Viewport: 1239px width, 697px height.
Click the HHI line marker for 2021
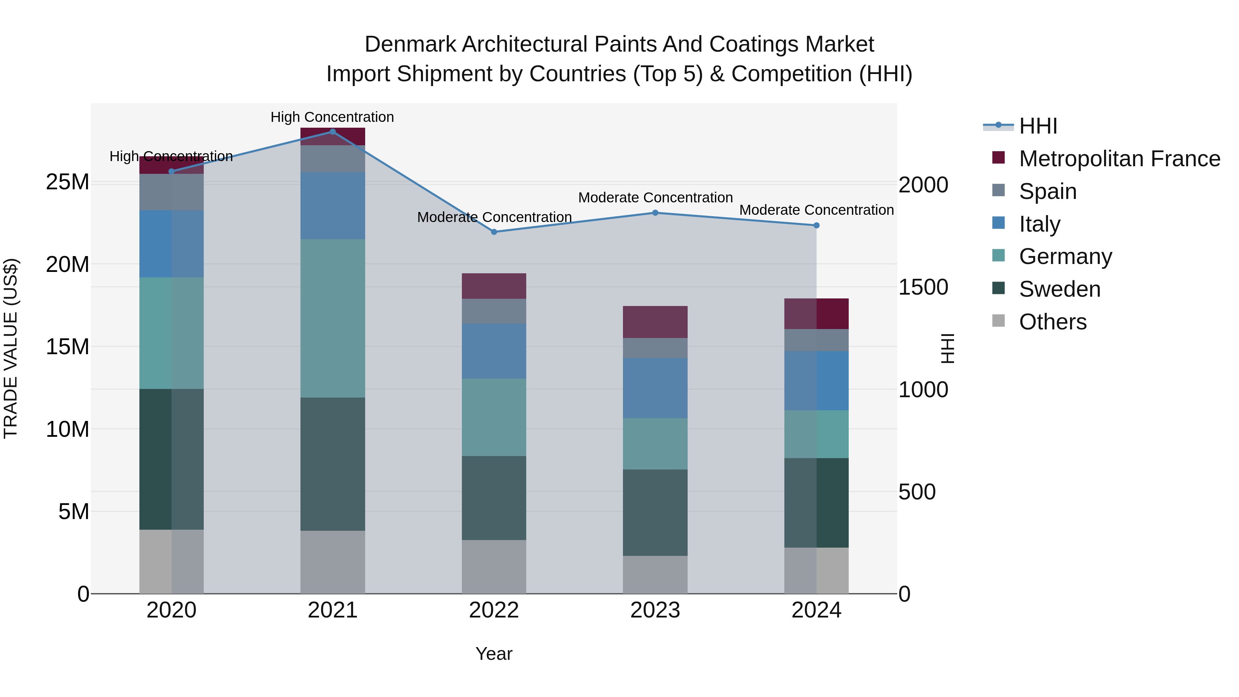332,131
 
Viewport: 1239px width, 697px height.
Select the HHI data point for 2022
494,232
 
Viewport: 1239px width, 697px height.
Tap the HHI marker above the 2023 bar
655,213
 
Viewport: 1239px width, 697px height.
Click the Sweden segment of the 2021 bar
332,464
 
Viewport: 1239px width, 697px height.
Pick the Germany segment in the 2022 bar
494,418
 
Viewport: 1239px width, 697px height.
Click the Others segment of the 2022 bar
494,567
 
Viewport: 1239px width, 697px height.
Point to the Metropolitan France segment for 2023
655,322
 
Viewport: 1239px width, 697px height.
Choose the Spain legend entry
1047,191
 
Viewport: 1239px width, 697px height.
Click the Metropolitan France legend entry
1119,159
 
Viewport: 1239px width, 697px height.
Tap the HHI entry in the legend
1037,126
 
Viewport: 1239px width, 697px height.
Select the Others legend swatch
998,321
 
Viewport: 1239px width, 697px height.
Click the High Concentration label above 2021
332,117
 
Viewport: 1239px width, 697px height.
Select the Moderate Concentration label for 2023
655,198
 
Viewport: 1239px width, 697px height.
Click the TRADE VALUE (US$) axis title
11,348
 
